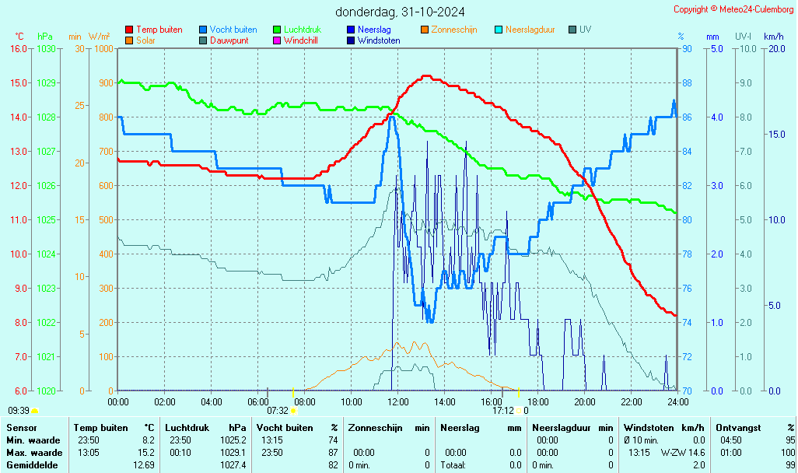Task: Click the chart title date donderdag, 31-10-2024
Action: coord(401,12)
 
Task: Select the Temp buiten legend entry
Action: coord(159,30)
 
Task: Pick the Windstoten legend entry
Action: coord(379,40)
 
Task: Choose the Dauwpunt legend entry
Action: coord(229,40)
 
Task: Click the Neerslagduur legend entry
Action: coord(530,30)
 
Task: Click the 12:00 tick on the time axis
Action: coord(398,402)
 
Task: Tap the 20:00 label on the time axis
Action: coord(585,402)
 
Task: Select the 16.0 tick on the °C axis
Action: coord(19,48)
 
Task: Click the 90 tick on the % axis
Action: coord(687,48)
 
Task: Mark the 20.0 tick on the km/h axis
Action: coord(775,48)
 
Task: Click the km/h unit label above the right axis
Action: coord(773,37)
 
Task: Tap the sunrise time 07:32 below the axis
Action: coord(278,411)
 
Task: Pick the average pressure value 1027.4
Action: coord(234,465)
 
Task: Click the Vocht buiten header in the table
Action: coord(285,428)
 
